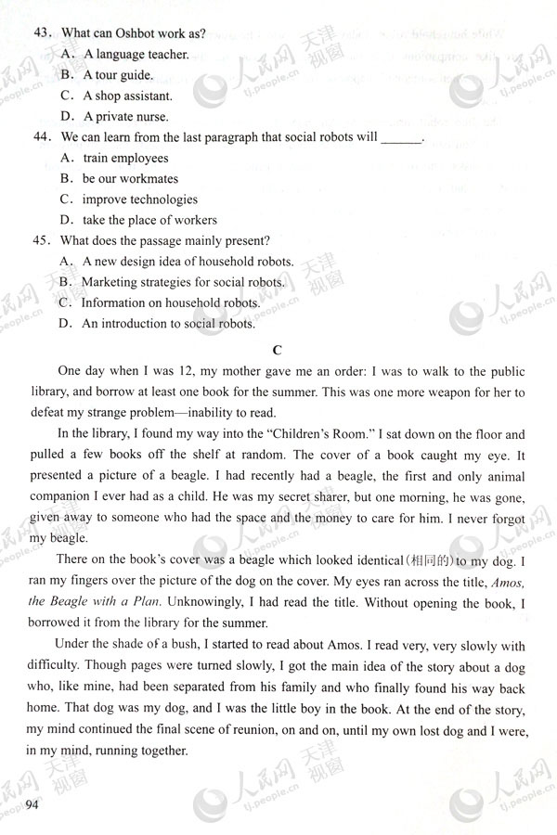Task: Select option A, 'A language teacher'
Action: (136, 54)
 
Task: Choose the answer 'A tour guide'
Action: (118, 75)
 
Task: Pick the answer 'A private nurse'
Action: (125, 117)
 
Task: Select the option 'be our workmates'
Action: (130, 178)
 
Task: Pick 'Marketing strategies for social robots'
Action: (183, 281)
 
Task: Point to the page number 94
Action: (34, 802)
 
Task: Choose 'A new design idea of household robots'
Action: (188, 261)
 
